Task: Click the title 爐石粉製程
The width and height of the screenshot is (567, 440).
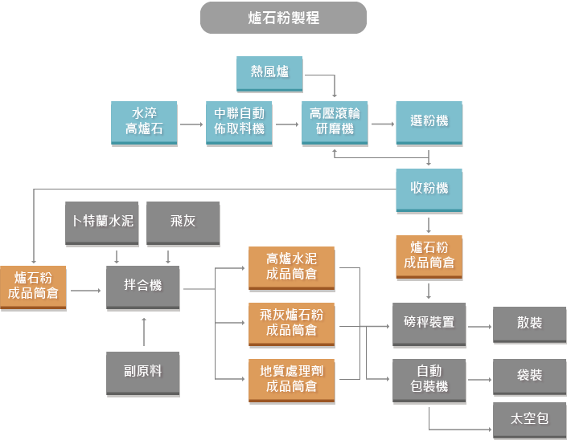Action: click(x=283, y=18)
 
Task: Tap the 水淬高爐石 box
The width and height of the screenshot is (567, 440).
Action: click(x=143, y=122)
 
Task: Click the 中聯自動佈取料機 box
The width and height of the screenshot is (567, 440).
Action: click(x=238, y=122)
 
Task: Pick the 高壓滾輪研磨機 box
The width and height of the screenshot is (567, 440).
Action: click(x=335, y=122)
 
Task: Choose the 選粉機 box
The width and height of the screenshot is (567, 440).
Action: click(x=429, y=122)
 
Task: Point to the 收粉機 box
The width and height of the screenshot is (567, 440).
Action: click(x=429, y=190)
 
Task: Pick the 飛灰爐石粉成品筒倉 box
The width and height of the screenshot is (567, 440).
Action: click(x=291, y=323)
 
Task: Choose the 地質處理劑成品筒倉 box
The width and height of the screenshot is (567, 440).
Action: click(x=291, y=379)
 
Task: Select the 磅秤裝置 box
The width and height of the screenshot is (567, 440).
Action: click(x=429, y=323)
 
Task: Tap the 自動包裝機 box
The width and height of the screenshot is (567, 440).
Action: click(x=429, y=379)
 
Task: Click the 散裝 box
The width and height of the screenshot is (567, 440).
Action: click(x=529, y=323)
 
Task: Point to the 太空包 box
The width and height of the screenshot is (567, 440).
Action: click(x=529, y=419)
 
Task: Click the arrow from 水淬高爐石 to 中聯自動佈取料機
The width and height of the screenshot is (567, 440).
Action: click(x=190, y=124)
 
